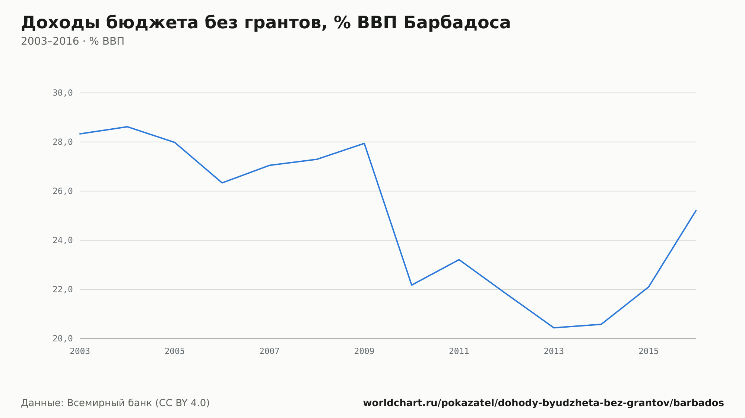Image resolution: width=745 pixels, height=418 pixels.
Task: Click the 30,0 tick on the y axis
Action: click(63, 93)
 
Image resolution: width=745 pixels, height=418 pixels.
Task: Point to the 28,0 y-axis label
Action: click(63, 142)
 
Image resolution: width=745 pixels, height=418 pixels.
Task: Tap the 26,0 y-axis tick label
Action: click(63, 191)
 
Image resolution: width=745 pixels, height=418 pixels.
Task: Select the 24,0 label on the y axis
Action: click(63, 240)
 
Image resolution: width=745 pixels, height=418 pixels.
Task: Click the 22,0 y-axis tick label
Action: click(63, 289)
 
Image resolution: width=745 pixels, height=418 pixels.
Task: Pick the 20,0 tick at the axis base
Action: click(63, 338)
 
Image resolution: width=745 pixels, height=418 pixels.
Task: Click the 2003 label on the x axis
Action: click(80, 351)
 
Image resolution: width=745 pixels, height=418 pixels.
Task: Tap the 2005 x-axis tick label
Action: click(175, 351)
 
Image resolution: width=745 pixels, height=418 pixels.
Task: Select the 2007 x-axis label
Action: click(269, 351)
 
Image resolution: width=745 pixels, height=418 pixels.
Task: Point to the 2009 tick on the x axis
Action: click(364, 351)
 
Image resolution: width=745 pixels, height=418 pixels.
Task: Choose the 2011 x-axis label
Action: click(459, 351)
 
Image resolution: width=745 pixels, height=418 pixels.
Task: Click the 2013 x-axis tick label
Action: click(554, 351)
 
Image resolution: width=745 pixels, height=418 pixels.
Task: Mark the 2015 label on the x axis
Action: click(649, 351)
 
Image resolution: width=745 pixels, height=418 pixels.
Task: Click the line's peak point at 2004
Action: click(127, 127)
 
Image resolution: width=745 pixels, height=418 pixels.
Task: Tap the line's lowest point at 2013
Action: click(554, 328)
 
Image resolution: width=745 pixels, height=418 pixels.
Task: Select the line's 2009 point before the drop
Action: click(364, 143)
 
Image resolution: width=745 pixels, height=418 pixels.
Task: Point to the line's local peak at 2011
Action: click(459, 260)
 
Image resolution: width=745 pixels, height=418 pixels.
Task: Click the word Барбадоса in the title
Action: click(457, 23)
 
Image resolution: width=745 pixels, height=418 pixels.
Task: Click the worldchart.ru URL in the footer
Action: click(543, 403)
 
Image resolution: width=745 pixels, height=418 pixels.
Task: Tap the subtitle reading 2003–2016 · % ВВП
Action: click(73, 41)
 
